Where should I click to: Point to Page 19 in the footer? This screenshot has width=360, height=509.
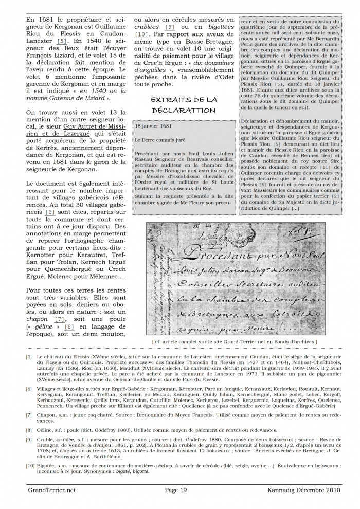[179, 490]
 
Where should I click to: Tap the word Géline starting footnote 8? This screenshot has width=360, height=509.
[47, 430]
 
